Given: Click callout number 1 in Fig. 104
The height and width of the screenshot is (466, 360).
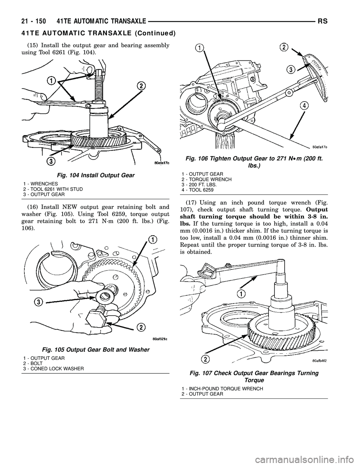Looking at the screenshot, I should coord(50,81).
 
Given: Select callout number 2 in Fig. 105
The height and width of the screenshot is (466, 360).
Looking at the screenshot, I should coord(140,327).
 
